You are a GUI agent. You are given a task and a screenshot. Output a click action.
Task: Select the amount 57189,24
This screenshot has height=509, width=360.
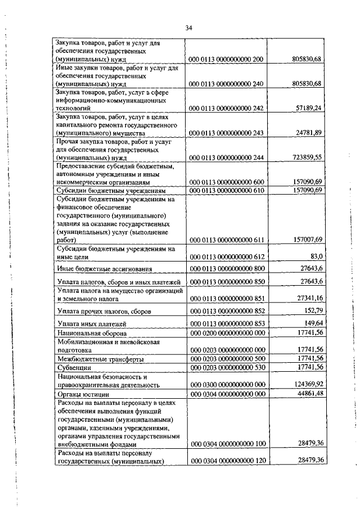[307, 107]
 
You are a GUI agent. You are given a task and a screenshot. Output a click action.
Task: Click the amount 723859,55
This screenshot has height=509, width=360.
[305, 157]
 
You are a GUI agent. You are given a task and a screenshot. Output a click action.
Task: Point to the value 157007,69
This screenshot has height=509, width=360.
[305, 240]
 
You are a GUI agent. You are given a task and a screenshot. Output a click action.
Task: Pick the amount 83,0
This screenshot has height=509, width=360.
[313, 256]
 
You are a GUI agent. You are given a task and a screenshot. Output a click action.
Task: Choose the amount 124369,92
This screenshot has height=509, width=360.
[305, 385]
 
